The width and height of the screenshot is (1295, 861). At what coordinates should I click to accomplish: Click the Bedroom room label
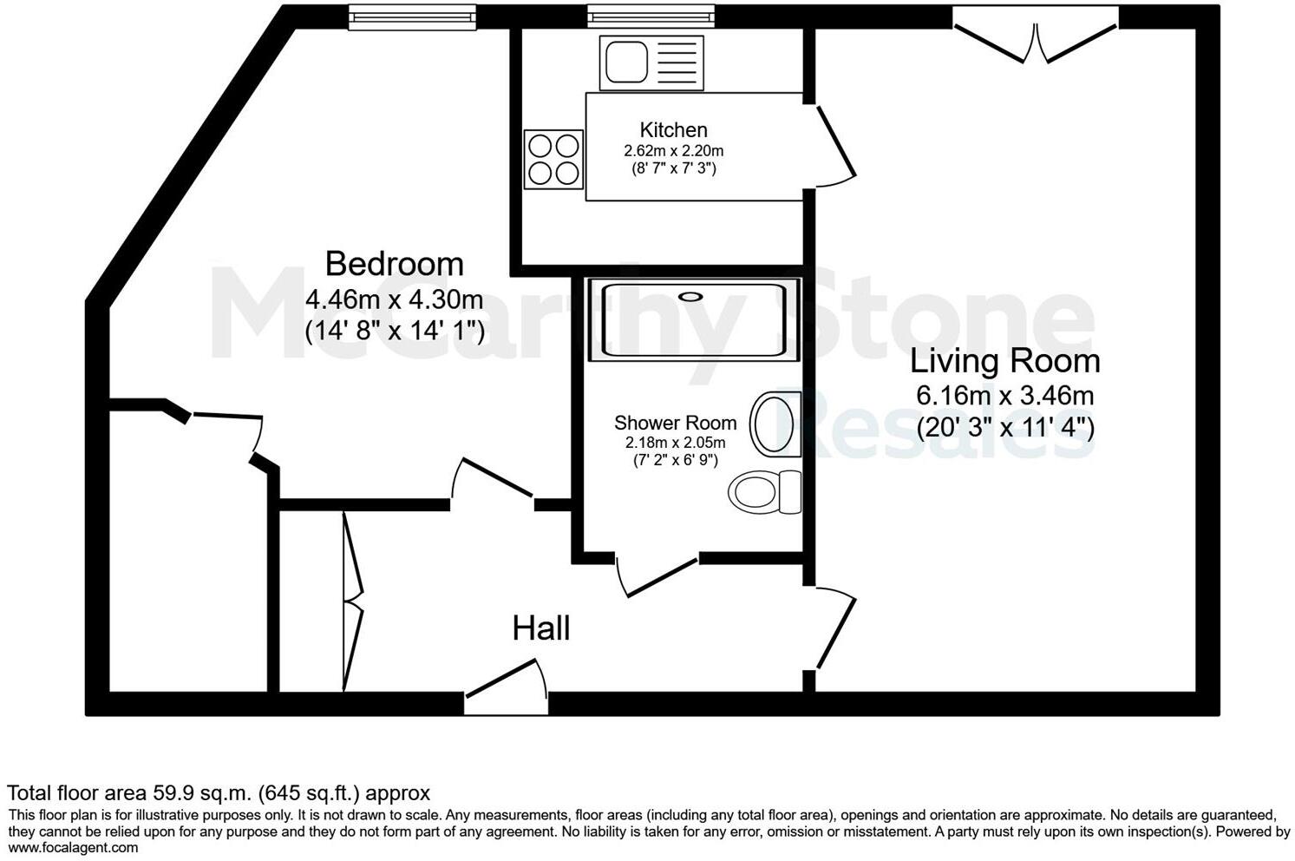coord(394,263)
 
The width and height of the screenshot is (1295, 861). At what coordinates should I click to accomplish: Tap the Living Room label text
coord(1004,360)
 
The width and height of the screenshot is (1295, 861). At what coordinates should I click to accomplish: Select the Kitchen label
coord(673,130)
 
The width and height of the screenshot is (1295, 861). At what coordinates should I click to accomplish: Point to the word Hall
coord(540,628)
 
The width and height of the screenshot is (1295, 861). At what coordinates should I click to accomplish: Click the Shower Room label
coord(675,423)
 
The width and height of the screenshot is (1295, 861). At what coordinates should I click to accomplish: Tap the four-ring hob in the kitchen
coord(553,159)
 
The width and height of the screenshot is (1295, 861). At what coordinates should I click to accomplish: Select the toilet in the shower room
coord(765,492)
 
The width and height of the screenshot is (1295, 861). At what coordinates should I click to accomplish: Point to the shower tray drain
coord(690,296)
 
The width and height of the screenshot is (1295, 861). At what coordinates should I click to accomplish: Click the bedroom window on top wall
coord(412,15)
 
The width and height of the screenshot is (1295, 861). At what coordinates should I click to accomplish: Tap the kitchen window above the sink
coord(651,15)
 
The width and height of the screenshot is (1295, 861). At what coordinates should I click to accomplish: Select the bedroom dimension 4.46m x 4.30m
coord(394,300)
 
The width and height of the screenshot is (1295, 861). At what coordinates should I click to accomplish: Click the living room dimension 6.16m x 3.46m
coord(1004,396)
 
